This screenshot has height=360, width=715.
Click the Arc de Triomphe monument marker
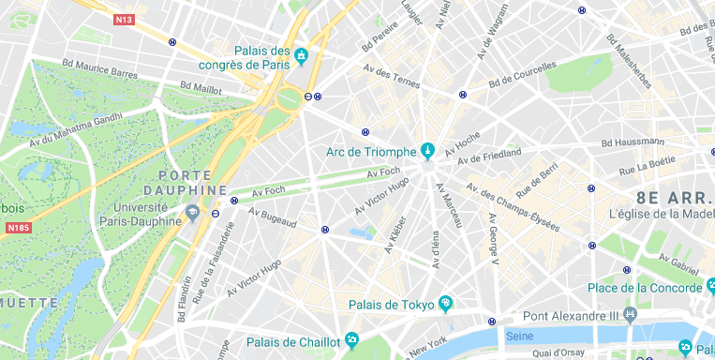point(427,149)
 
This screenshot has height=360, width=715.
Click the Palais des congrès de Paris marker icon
point(301,56)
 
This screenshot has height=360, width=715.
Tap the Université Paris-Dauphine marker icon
point(192,213)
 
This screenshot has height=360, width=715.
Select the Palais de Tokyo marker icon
point(445,304)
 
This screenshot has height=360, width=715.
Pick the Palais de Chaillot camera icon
point(350,338)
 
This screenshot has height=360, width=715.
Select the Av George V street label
point(492,239)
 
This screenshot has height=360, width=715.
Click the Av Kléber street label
point(395,234)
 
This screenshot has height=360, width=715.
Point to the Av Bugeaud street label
point(272,217)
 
